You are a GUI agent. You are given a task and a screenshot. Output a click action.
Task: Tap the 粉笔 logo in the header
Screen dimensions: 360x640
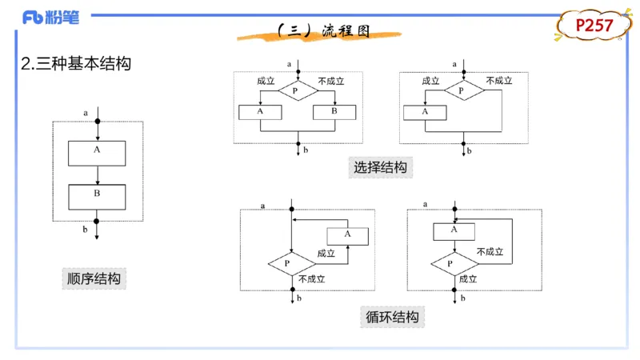click(x=51, y=17)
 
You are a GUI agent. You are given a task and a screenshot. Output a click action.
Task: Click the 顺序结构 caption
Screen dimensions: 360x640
click(x=94, y=278)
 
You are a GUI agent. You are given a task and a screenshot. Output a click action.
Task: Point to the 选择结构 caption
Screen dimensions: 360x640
click(x=380, y=167)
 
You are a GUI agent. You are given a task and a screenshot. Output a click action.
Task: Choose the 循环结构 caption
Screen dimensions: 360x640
click(x=391, y=317)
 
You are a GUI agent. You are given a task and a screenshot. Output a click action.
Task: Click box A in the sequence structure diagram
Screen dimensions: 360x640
click(x=97, y=153)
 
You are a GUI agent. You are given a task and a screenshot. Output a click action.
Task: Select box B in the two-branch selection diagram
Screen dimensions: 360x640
click(x=335, y=112)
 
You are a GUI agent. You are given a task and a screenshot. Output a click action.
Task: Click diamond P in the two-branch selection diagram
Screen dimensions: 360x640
click(x=296, y=90)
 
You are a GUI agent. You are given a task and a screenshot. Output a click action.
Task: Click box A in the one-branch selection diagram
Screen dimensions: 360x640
click(x=425, y=112)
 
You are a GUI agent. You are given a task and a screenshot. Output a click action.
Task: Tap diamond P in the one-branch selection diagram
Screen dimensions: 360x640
click(x=462, y=90)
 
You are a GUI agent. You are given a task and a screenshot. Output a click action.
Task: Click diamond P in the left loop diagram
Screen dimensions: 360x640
click(x=288, y=262)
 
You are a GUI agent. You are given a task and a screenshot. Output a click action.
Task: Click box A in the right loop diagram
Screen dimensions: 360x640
click(x=454, y=230)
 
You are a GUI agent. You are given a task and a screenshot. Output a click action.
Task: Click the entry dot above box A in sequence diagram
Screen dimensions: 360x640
click(x=97, y=122)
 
